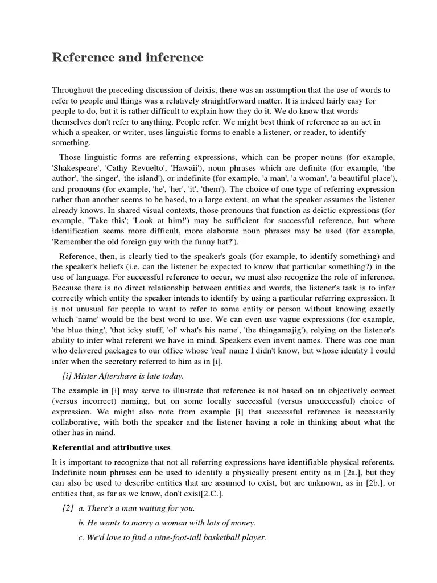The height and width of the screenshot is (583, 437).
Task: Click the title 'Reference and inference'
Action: click(127, 58)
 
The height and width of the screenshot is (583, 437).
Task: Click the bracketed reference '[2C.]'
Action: click(209, 493)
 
